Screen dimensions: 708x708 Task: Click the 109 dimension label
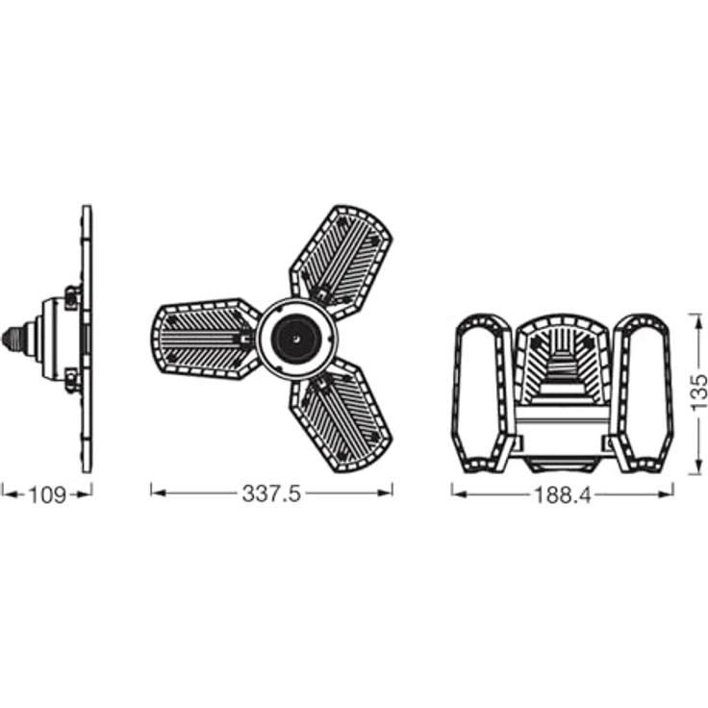47,494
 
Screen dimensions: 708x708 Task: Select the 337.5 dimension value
271,493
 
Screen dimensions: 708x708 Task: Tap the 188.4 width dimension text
563,495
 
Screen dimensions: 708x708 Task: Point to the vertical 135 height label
698,392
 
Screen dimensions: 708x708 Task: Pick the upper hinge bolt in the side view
72,297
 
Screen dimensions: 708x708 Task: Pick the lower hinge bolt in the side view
72,380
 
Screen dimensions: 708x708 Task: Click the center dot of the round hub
295,339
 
